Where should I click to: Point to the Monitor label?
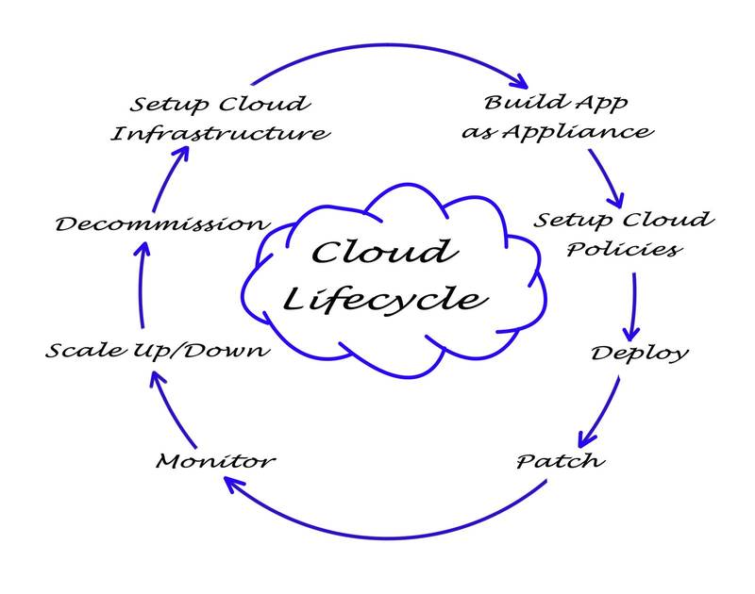click(x=215, y=461)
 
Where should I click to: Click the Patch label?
click(x=561, y=462)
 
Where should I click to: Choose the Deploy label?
click(x=639, y=354)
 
